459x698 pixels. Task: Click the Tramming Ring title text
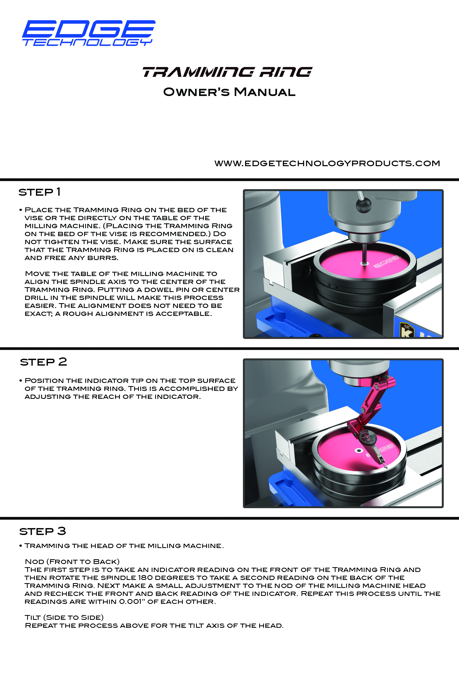[x=227, y=72]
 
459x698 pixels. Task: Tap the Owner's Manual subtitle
[x=229, y=92]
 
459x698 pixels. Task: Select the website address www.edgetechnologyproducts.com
[x=327, y=163]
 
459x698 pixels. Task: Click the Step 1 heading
[x=40, y=192]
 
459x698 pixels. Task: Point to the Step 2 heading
[x=43, y=362]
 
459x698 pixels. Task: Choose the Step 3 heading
[x=43, y=531]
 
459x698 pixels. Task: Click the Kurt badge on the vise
[x=407, y=330]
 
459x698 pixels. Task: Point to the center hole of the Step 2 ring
[x=358, y=450]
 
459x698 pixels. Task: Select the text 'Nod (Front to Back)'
[x=72, y=562]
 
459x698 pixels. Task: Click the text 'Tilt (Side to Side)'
[x=64, y=617]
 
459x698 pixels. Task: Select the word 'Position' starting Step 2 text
[x=44, y=381]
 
